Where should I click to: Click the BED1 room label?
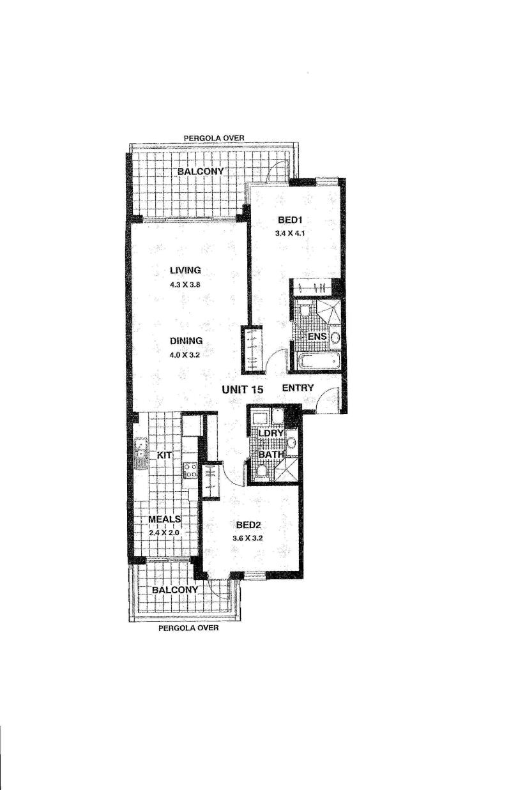coord(291,220)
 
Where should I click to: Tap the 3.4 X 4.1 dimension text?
coord(290,233)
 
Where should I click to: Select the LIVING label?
coord(185,270)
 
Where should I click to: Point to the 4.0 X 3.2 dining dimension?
coord(185,355)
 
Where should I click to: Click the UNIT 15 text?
coord(243,390)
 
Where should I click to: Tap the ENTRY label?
coord(298,388)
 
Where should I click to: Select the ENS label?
coord(317,336)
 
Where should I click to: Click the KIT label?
coord(164,455)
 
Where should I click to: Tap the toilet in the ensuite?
coord(305,310)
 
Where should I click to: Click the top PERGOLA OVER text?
coord(214,138)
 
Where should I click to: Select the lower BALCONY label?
coord(175,590)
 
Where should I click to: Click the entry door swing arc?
coord(325,394)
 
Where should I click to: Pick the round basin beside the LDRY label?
coord(291,442)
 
